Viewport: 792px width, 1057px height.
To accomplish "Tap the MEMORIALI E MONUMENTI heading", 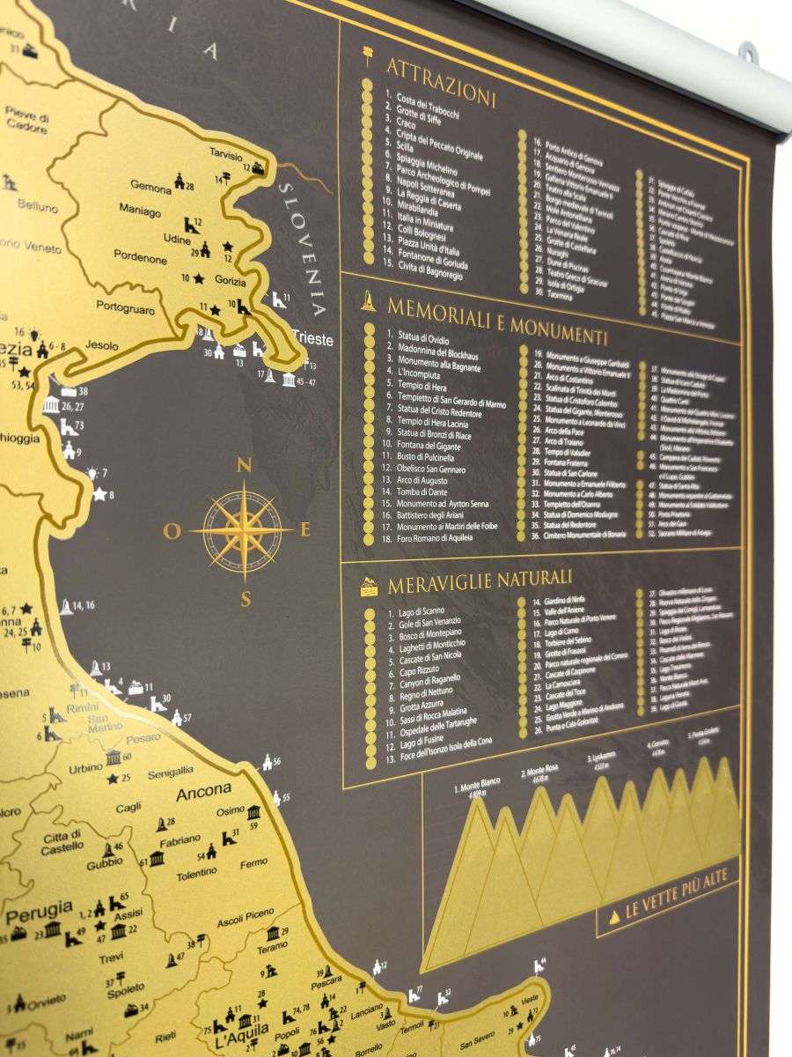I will [x=497, y=322].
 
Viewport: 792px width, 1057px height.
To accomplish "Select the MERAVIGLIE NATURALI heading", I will [x=480, y=579].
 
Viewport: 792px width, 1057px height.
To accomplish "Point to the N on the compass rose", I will [x=245, y=466].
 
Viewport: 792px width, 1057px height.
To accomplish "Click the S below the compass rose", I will [x=246, y=600].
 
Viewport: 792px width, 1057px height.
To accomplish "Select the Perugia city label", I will [x=40, y=907].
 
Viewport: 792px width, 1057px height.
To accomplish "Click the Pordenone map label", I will [x=140, y=259].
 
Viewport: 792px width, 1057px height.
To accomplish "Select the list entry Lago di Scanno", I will [x=420, y=610].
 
